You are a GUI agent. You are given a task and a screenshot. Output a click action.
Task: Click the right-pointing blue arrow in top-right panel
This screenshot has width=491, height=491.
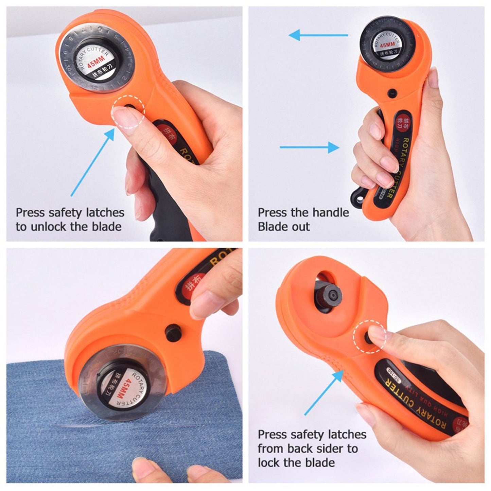click(309, 147)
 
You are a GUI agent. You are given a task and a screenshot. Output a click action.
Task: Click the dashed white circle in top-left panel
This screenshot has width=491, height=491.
click(129, 111)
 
